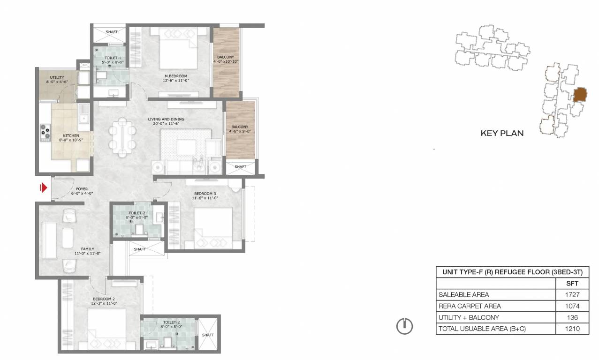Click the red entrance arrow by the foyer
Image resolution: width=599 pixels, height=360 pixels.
44,188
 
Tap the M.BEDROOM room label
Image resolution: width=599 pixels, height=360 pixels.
176,76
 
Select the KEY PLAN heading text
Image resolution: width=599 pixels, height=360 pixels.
502,133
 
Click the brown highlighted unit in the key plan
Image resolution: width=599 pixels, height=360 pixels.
580,95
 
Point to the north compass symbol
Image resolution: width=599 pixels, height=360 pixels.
404,326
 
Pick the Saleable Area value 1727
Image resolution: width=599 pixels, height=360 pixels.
572,294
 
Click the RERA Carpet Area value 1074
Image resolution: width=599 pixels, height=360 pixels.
572,306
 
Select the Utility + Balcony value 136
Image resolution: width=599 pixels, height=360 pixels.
572,317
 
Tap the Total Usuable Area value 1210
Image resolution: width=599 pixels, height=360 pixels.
572,329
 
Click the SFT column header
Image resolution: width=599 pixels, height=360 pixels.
572,283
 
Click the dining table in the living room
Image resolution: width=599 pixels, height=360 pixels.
122,137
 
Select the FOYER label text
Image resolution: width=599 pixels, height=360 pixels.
82,189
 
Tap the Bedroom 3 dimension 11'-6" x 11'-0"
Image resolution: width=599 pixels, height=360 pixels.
205,198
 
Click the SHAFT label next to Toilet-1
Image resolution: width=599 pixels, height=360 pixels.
112,32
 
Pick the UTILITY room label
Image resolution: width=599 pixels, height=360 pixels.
57,77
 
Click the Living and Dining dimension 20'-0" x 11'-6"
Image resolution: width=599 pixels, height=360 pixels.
166,123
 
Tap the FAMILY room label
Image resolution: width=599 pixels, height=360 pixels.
87,249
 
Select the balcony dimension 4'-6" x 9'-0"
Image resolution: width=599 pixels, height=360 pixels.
240,131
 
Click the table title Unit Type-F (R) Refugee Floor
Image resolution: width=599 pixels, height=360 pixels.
512,272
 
